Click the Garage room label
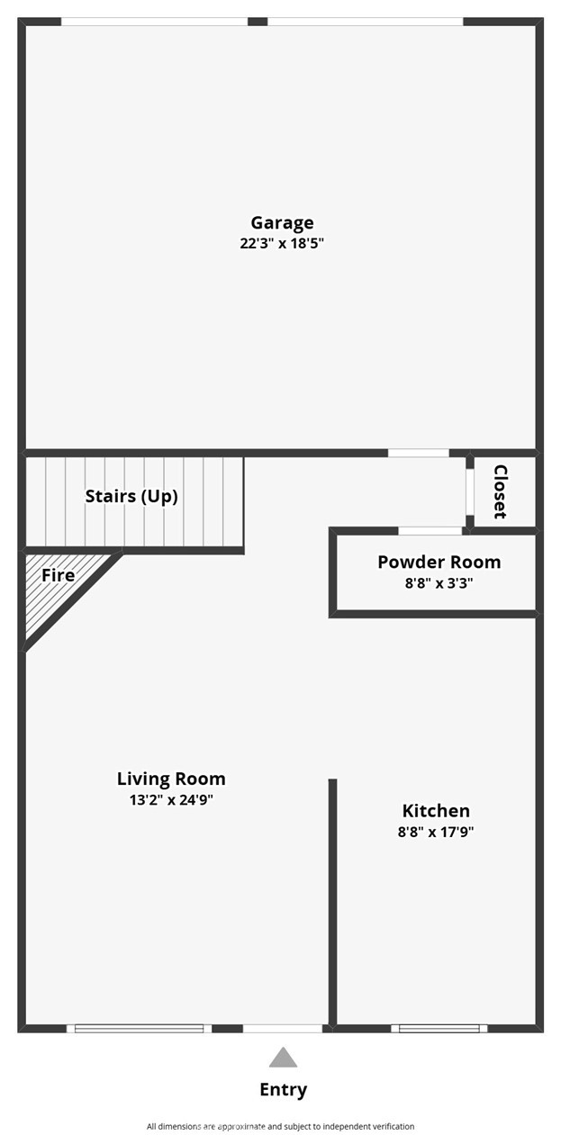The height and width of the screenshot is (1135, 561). [282, 223]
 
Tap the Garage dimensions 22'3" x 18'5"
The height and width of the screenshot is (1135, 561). [282, 243]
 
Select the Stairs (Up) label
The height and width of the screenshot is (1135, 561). [131, 497]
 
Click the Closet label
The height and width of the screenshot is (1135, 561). [500, 491]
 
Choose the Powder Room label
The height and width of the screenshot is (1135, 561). [439, 562]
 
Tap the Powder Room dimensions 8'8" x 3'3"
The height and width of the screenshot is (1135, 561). [439, 583]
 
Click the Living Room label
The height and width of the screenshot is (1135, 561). [171, 779]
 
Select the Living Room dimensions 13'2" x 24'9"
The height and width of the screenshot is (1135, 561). [171, 800]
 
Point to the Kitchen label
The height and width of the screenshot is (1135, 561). [436, 811]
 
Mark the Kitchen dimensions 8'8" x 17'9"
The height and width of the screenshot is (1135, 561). [436, 832]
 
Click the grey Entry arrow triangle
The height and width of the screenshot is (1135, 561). [284, 1058]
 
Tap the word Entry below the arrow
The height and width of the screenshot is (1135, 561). [284, 1089]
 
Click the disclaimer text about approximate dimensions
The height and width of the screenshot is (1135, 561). [280, 1126]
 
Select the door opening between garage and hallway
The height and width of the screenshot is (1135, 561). [419, 453]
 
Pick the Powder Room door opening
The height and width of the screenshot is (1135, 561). [430, 531]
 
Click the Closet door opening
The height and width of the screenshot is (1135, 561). [470, 492]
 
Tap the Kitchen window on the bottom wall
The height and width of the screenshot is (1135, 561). [439, 1029]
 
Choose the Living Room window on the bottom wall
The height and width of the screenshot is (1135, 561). [139, 1029]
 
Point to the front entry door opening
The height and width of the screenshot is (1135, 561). [283, 1029]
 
